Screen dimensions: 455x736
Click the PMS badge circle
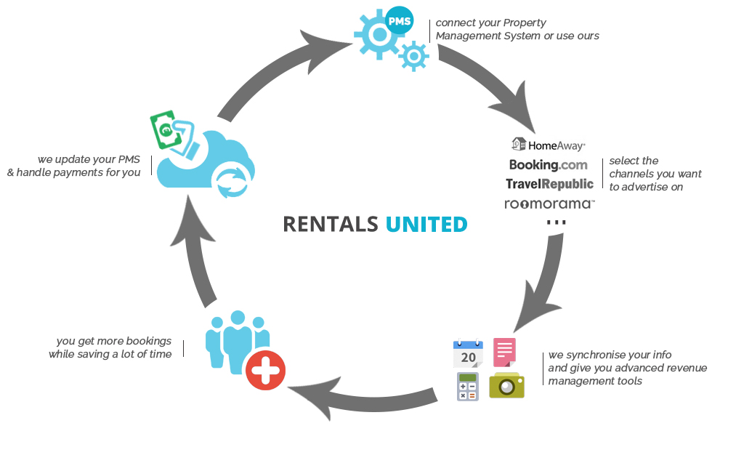399,20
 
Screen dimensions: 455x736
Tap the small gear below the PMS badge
413,56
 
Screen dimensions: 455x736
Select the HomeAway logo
549,145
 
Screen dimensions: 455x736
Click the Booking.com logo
549,165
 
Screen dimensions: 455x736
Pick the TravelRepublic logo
549,184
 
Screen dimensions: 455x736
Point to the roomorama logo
549,204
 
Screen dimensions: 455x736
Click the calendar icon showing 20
468,353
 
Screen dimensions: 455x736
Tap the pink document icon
504,352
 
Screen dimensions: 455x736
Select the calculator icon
468,386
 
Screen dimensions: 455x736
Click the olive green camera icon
506,385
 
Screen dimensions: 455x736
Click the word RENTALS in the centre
330,224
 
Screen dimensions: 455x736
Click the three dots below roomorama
556,222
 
